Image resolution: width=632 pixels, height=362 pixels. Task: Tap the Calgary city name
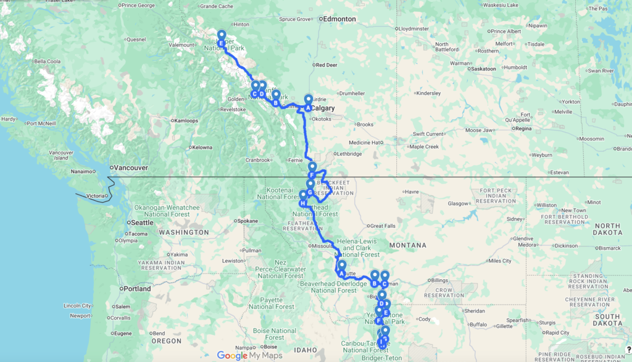[323, 109]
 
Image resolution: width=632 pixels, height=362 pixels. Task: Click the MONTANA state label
[408, 245]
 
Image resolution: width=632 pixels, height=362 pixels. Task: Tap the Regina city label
[522, 128]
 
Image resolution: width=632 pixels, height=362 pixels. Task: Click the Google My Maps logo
[249, 355]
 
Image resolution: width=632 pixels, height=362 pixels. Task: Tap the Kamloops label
[188, 120]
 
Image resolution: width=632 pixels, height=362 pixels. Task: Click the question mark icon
[627, 350]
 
